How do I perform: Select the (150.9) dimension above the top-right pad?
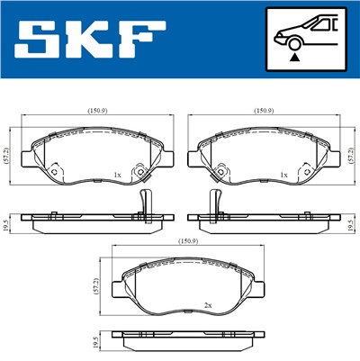[263, 112]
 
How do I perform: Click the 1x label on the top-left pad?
[116, 174]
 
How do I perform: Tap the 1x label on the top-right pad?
[283, 174]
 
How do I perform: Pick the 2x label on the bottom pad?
[208, 306]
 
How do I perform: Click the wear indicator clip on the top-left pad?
[139, 169]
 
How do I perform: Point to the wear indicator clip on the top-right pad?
[305, 169]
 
